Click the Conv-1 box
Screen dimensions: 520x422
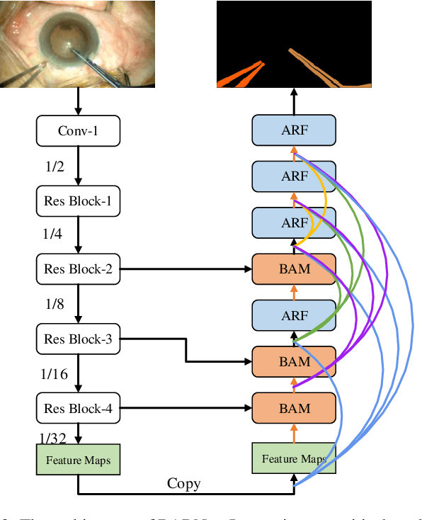click(x=78, y=131)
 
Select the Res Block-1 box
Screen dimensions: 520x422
click(x=78, y=200)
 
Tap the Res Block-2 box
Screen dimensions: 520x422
click(x=78, y=269)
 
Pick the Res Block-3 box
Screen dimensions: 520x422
click(x=78, y=339)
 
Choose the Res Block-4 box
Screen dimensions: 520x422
click(x=78, y=408)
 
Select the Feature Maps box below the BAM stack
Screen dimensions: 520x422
click(x=294, y=459)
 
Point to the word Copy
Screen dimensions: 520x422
click(x=183, y=484)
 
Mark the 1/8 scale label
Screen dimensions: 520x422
click(x=55, y=304)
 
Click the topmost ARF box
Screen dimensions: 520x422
click(x=294, y=131)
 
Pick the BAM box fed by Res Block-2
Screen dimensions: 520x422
click(x=294, y=269)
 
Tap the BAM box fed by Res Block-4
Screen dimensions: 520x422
click(x=294, y=408)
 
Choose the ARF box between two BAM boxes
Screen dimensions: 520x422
click(x=294, y=315)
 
